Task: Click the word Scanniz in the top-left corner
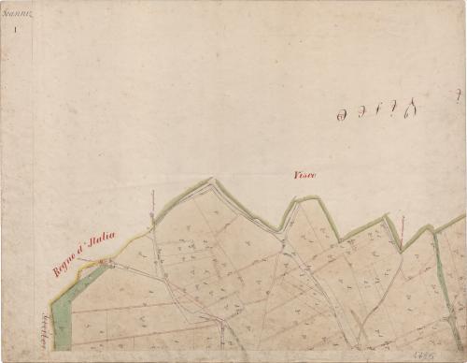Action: (x=17, y=11)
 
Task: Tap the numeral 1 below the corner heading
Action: (x=16, y=30)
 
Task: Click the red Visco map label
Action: (x=305, y=175)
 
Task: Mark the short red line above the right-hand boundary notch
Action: (x=402, y=225)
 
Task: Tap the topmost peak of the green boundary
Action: (x=211, y=179)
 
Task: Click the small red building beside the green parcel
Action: (x=106, y=265)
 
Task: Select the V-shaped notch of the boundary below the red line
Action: (x=401, y=249)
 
